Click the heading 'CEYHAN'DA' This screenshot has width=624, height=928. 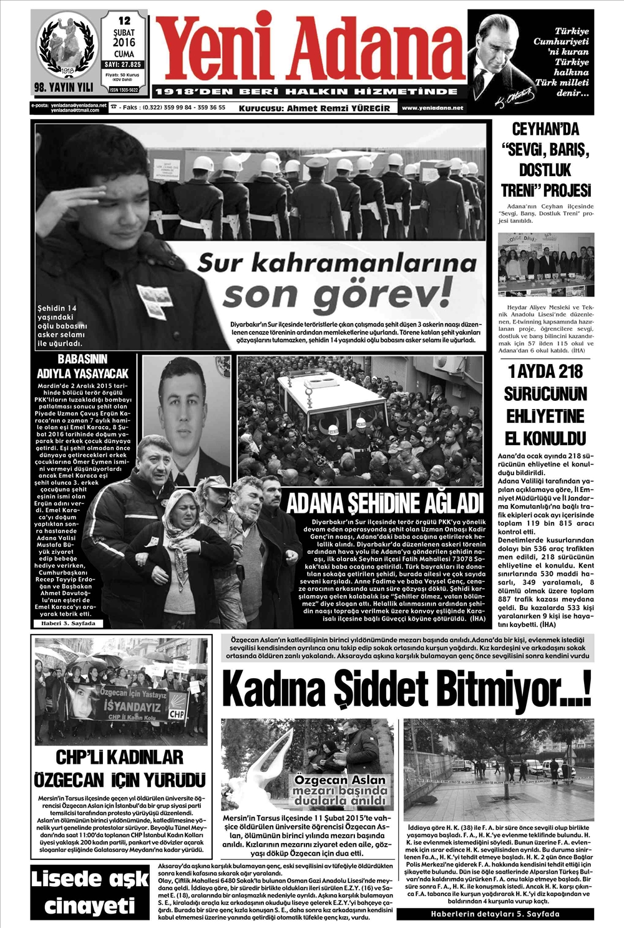point(545,130)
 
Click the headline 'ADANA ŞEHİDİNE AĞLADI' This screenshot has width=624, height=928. point(384,502)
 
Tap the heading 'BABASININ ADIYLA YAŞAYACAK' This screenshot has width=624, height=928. point(82,367)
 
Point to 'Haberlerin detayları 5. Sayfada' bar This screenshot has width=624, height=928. point(495,914)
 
